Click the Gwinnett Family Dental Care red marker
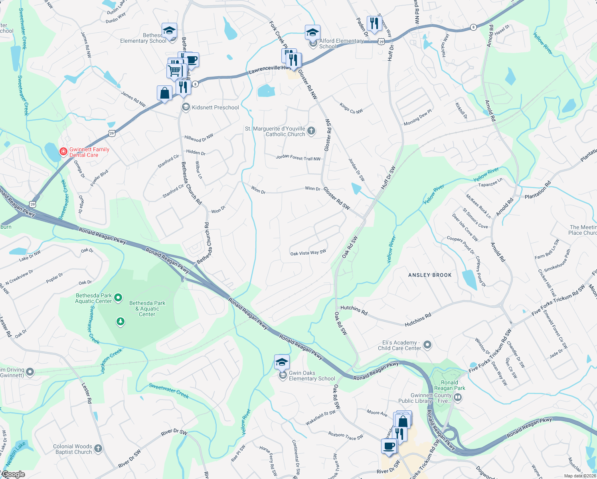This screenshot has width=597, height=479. [63, 152]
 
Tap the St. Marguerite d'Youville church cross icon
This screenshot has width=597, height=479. [311, 131]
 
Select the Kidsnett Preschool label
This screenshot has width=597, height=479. [215, 107]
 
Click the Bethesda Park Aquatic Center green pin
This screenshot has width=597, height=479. [118, 298]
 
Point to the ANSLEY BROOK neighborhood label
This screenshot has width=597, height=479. [430, 275]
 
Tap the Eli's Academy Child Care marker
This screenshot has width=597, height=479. [427, 345]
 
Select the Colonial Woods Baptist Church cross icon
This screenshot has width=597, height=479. [98, 449]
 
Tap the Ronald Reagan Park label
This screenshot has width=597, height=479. [449, 385]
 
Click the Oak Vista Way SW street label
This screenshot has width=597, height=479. [308, 253]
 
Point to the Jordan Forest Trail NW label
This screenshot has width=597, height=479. [298, 158]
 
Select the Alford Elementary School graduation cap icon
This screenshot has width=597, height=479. [312, 33]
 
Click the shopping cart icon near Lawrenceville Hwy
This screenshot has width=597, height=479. [175, 71]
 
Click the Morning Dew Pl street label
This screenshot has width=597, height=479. [417, 117]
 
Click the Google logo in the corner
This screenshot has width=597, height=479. [13, 474]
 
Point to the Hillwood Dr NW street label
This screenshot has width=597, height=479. [199, 138]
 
